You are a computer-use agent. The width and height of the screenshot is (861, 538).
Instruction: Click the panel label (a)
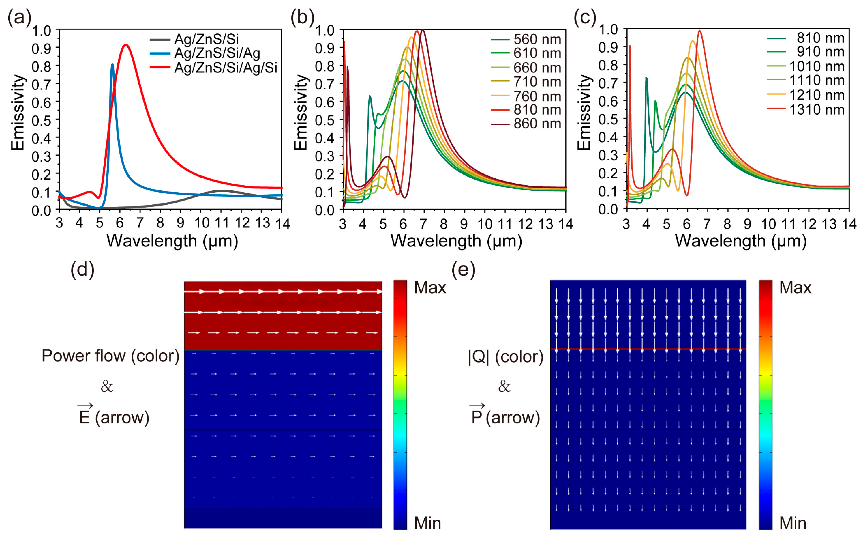pyautogui.click(x=19, y=17)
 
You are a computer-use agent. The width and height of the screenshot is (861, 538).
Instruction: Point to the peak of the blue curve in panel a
pyautogui.click(x=112, y=65)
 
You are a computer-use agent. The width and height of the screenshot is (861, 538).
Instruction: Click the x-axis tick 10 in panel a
pyautogui.click(x=202, y=223)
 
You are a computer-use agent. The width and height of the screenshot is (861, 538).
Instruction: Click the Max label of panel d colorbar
pyautogui.click(x=430, y=287)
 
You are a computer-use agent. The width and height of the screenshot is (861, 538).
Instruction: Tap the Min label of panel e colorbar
pyautogui.click(x=793, y=523)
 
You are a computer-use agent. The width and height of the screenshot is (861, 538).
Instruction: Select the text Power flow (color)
pyautogui.click(x=110, y=356)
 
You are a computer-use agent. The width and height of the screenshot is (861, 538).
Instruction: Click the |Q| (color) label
pyautogui.click(x=506, y=357)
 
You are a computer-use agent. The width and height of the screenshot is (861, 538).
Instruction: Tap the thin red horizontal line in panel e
pyautogui.click(x=648, y=349)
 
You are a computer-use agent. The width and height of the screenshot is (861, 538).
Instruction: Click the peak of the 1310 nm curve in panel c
pyautogui.click(x=699, y=31)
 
